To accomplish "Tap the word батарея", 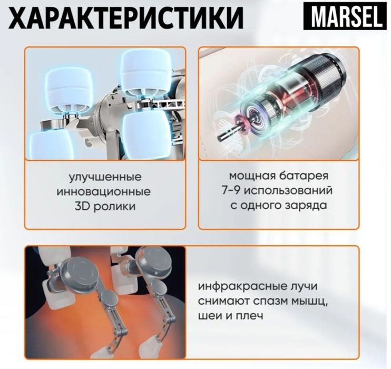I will pos(304,176).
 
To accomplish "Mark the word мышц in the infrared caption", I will pos(300,302).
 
